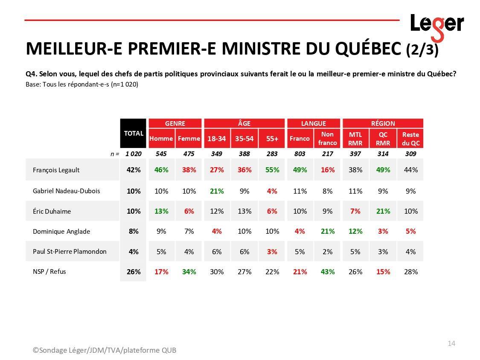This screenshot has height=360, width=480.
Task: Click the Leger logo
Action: [436, 25]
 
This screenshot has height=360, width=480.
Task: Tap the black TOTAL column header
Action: [133, 134]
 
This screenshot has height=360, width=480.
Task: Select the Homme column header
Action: [161, 139]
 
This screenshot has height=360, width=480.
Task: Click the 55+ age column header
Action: [272, 139]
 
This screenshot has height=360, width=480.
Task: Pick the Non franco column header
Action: [327, 139]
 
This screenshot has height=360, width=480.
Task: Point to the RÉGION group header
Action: [383, 123]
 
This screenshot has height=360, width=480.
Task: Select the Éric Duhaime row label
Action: [52, 211]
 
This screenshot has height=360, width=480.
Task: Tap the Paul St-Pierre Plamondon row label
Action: [70, 251]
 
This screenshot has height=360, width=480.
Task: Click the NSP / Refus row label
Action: [49, 271]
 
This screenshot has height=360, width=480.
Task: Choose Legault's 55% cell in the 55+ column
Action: [272, 170]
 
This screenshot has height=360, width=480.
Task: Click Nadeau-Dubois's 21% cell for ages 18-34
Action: [217, 191]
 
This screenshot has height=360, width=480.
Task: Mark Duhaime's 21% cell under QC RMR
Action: [383, 211]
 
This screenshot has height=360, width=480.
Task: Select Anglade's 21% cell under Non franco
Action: [327, 231]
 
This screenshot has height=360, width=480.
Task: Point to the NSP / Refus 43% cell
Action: [327, 272]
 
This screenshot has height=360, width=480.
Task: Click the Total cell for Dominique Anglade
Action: [133, 231]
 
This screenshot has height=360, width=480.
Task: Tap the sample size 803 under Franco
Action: [300, 154]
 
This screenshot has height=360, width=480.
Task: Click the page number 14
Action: [451, 343]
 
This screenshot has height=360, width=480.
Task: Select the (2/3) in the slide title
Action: [422, 50]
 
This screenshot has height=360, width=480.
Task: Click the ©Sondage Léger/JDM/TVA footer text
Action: [104, 350]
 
